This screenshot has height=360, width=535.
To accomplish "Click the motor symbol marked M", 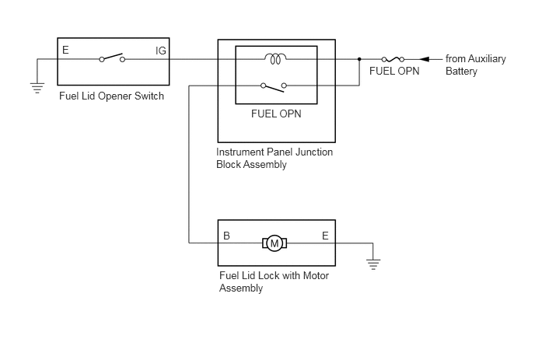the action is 274,243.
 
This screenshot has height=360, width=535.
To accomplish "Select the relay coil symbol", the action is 276,58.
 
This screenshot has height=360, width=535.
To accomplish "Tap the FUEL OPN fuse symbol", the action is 393,59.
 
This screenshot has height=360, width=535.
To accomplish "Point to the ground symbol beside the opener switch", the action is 37,88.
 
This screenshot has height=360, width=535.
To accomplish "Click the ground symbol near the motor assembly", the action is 373,264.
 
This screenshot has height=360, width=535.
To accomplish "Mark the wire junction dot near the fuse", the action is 359,59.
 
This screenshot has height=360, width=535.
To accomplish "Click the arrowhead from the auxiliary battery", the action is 424,59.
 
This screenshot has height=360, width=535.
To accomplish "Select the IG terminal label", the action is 161,51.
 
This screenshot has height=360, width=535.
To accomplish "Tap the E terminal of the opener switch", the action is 65,51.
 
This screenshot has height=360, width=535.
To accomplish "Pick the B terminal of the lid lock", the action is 226,236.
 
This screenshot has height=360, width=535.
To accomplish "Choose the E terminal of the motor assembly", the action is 325,236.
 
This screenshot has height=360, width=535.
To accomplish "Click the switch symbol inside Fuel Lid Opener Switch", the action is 112,58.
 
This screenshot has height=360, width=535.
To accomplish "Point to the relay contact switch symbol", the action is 274,87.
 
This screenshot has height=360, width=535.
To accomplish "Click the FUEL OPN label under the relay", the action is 276,114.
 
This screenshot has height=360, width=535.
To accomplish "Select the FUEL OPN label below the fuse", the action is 394,71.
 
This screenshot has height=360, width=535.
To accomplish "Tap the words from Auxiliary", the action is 476,58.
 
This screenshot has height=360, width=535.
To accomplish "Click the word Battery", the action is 461,72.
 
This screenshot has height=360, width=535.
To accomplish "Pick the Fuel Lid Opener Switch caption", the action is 111,96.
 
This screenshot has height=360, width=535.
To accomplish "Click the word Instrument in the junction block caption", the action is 240,152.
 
